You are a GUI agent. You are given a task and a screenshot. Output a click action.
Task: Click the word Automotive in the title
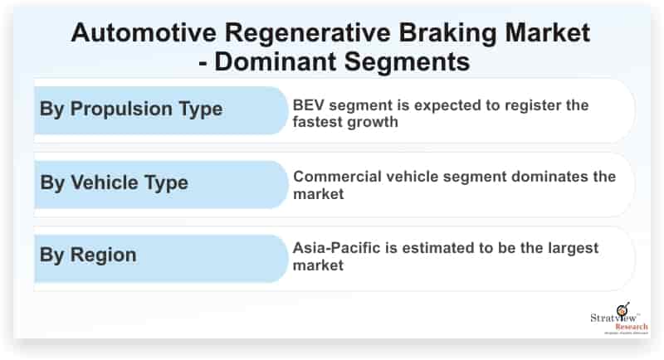[144, 32]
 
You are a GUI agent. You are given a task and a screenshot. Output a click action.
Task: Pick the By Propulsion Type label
[131, 109]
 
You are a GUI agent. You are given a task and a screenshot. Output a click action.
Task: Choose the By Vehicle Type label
[114, 183]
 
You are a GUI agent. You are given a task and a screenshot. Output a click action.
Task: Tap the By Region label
[88, 255]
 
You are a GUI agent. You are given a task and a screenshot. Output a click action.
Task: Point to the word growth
[371, 123]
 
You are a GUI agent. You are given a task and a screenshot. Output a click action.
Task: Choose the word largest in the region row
[574, 249]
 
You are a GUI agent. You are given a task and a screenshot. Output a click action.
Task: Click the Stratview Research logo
[619, 319]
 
